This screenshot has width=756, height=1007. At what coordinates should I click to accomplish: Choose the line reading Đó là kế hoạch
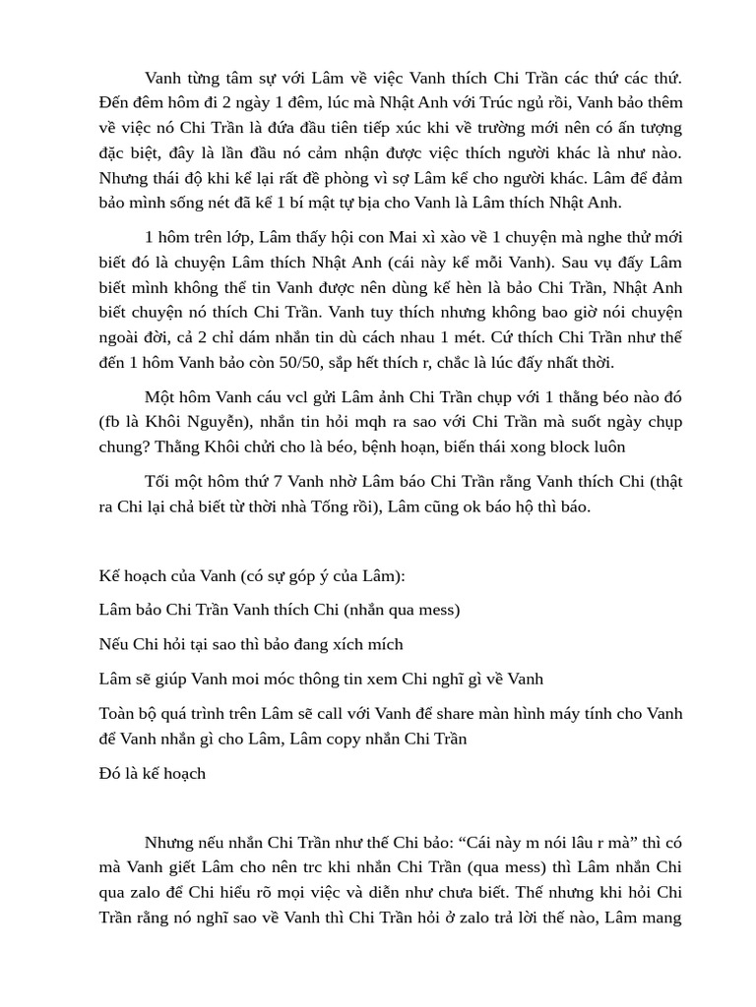click(x=153, y=773)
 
